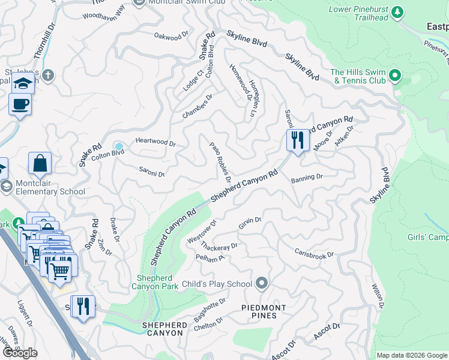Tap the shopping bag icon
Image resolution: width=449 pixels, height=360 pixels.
[40, 163]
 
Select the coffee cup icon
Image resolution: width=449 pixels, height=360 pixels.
[20, 104]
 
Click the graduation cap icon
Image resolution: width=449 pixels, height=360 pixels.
[22, 84]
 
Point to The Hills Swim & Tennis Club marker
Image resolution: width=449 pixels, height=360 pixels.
[395, 76]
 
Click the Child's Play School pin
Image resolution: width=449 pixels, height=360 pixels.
[261, 283]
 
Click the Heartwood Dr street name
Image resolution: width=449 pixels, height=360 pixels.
[155, 143]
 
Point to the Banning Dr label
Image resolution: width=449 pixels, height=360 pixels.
[307, 178]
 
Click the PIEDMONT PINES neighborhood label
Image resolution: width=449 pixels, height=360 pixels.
[268, 311]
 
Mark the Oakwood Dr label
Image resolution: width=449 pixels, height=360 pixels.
[175, 37]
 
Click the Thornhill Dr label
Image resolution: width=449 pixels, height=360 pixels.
[40, 41]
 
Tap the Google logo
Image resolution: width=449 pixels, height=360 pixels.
[20, 353]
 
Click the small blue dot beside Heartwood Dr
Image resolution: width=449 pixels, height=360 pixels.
[119, 146]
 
